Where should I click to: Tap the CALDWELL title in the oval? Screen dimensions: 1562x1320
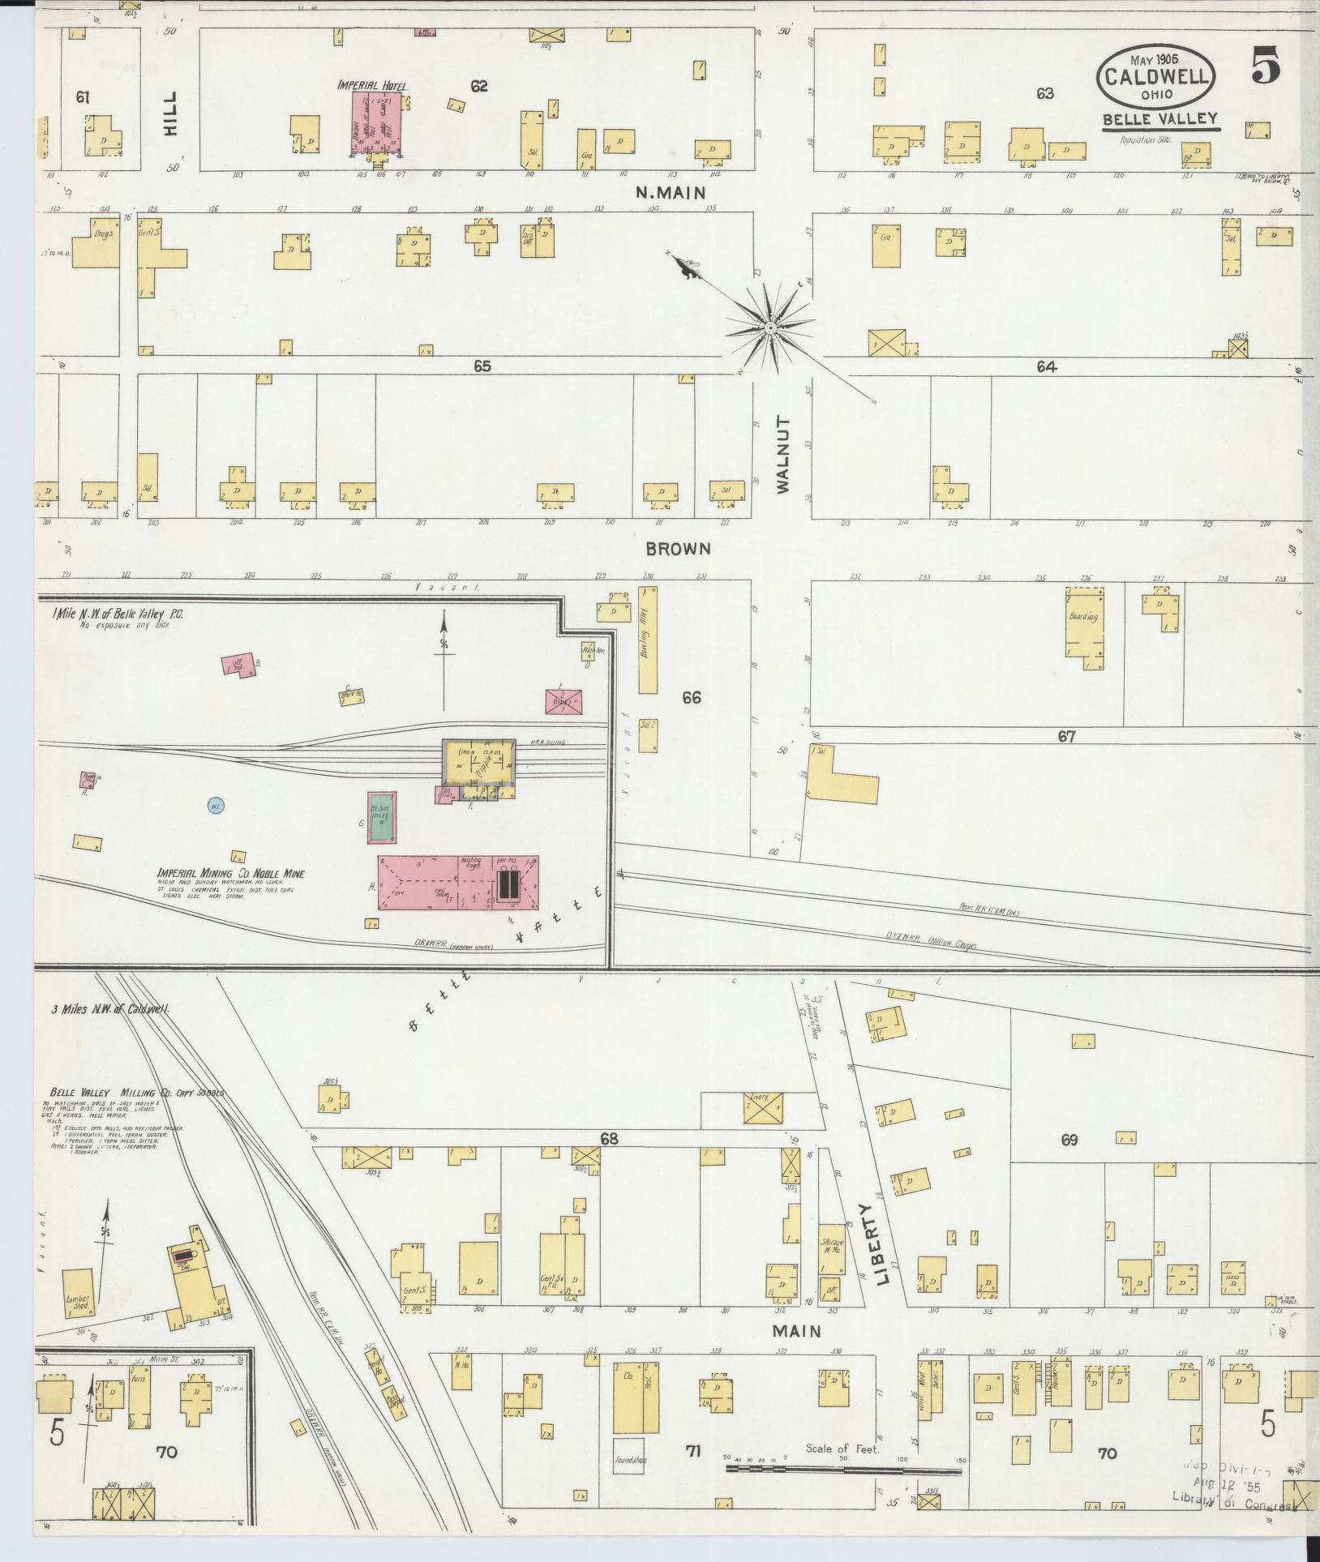coord(1157,77)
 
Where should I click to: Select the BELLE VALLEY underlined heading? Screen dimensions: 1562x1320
coord(1159,119)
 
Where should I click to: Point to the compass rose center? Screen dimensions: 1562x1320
coord(768,327)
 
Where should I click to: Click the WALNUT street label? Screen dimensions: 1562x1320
coord(782,455)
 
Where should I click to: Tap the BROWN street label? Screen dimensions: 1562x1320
coord(678,549)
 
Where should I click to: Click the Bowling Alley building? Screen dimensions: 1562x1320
coord(648,641)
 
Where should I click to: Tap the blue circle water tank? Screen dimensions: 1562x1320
coord(216,806)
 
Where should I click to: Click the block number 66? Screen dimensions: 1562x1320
coord(691,697)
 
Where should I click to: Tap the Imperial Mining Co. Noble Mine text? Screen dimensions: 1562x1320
coord(231,874)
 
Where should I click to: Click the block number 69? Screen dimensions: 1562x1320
coord(1069,1140)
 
